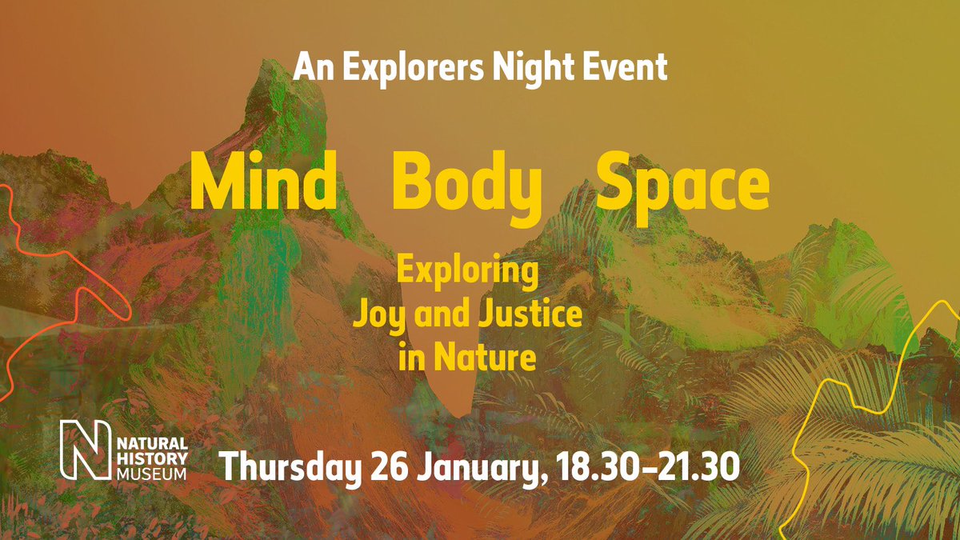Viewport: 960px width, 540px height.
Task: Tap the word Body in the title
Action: (466, 184)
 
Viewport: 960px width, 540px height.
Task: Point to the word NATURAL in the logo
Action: (150, 444)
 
